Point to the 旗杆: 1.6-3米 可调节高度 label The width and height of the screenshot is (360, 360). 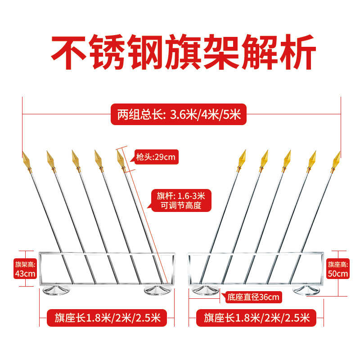[180, 201]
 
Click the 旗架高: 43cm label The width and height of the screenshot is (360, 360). [25, 268]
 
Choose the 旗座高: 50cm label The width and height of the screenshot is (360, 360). [337, 269]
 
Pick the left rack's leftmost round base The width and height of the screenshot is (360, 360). [57, 290]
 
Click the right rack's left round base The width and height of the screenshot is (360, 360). [205, 290]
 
